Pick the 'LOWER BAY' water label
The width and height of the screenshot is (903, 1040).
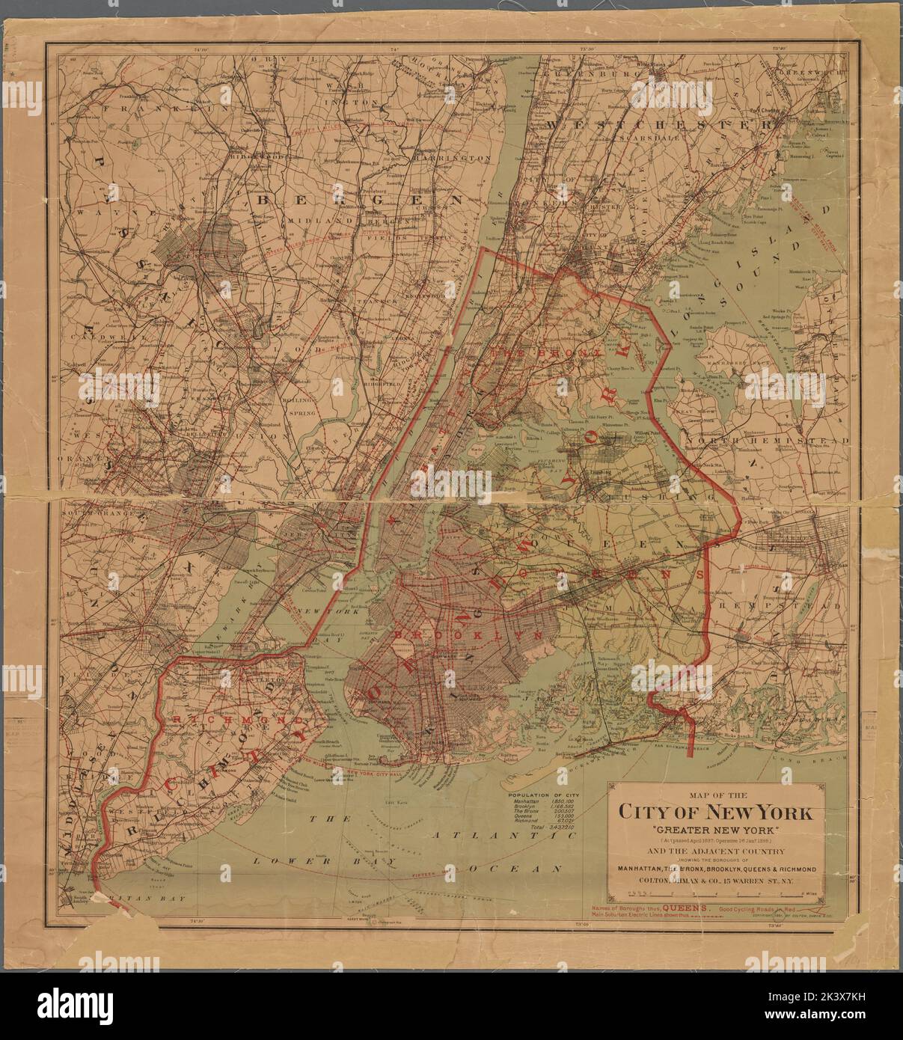[281, 861]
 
